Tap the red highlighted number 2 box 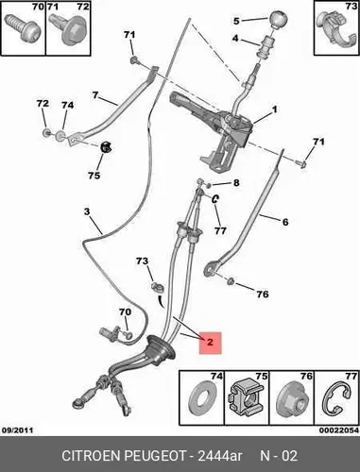click(211, 343)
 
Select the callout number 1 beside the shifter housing click(275, 110)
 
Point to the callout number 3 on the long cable click(87, 211)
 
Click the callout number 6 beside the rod click(285, 222)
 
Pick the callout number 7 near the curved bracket click(95, 94)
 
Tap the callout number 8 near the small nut click(236, 182)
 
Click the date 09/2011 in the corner click(18, 430)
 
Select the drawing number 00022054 click(339, 430)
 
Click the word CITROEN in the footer click(92, 455)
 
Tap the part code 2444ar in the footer click(220, 455)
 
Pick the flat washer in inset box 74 click(200, 397)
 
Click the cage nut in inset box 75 click(246, 397)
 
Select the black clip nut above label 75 click(106, 147)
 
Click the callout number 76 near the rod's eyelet click(263, 295)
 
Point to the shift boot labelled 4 click(266, 46)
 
